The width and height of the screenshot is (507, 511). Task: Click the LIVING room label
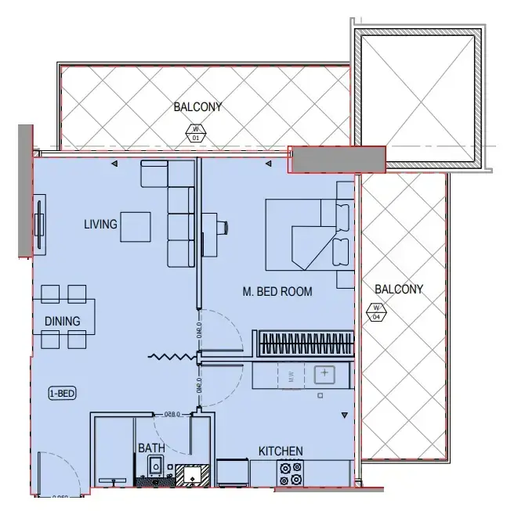[100, 225]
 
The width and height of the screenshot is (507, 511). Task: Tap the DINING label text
[62, 321]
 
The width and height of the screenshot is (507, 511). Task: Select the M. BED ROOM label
[277, 292]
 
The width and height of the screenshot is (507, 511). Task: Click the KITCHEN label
[281, 452]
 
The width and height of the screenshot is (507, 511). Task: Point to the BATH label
[151, 448]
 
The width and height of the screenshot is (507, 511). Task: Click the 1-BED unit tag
[62, 394]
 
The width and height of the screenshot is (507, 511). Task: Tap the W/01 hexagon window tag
[196, 133]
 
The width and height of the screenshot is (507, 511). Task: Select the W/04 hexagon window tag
[376, 311]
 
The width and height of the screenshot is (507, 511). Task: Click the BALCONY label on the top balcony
[197, 107]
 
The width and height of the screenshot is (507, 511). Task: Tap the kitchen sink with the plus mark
[324, 374]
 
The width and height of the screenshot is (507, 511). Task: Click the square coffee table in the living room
[135, 227]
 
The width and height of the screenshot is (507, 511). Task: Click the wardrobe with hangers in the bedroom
[302, 343]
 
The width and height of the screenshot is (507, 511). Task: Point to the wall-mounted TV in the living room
[39, 225]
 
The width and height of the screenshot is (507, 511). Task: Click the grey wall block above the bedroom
[337, 159]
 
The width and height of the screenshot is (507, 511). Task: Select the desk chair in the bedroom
[223, 228]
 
